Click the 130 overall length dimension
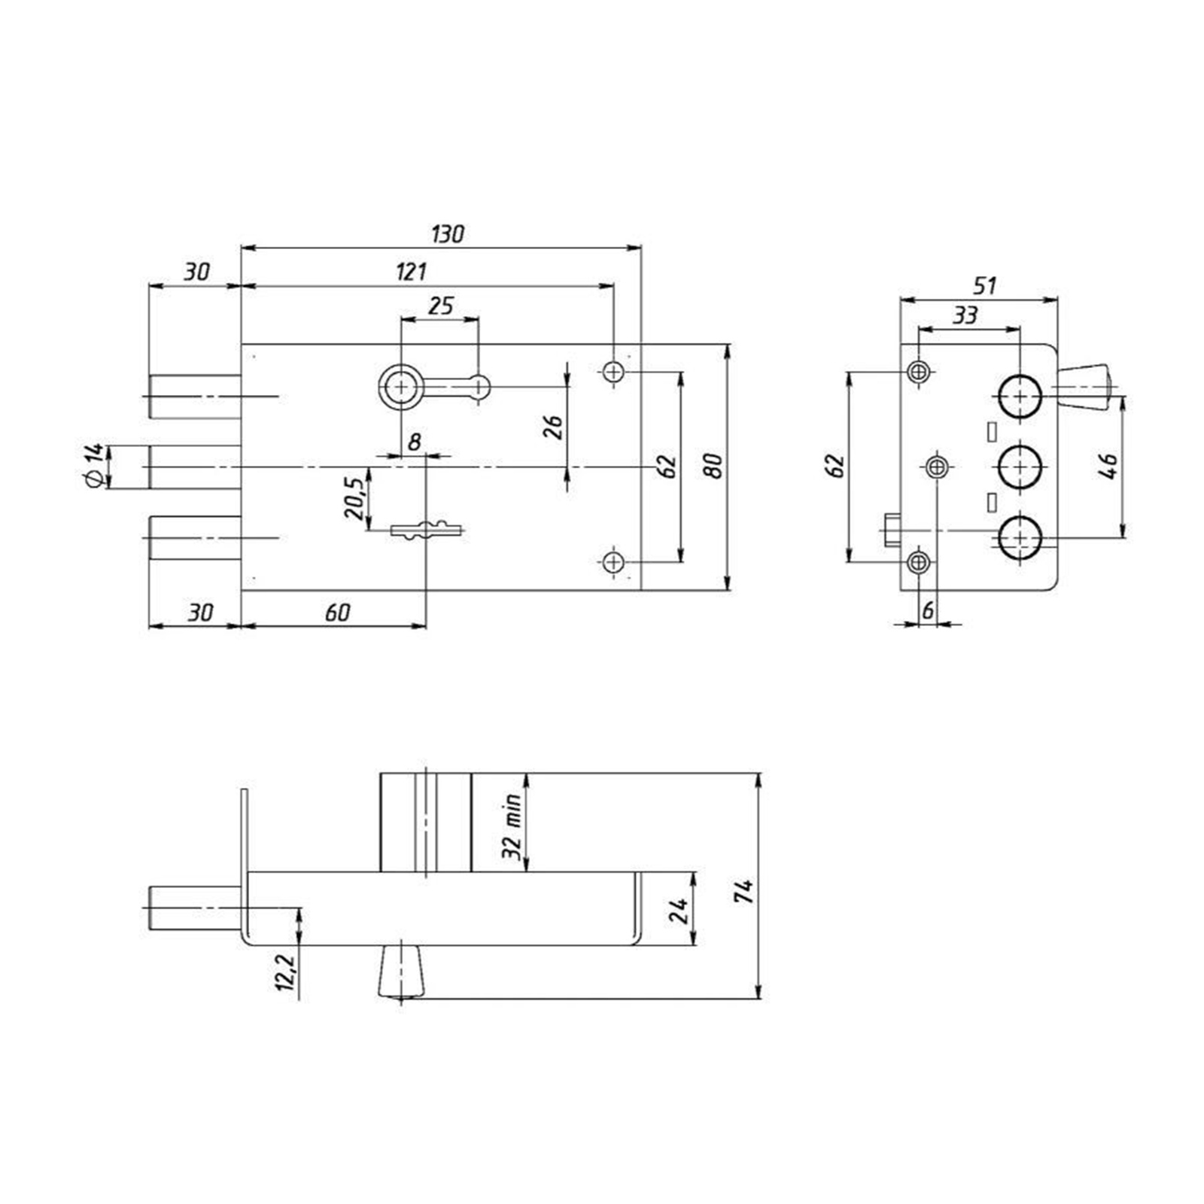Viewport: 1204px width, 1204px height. coord(448,234)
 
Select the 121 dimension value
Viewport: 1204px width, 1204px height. coord(412,272)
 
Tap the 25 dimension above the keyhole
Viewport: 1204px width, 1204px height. coord(441,306)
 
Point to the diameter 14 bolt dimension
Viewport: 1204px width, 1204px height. coord(94,465)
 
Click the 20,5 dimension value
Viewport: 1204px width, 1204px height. coord(354,498)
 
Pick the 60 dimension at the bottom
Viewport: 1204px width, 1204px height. coord(338,613)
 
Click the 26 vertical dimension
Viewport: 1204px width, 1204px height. coord(553,427)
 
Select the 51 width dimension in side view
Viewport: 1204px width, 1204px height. coord(984,286)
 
